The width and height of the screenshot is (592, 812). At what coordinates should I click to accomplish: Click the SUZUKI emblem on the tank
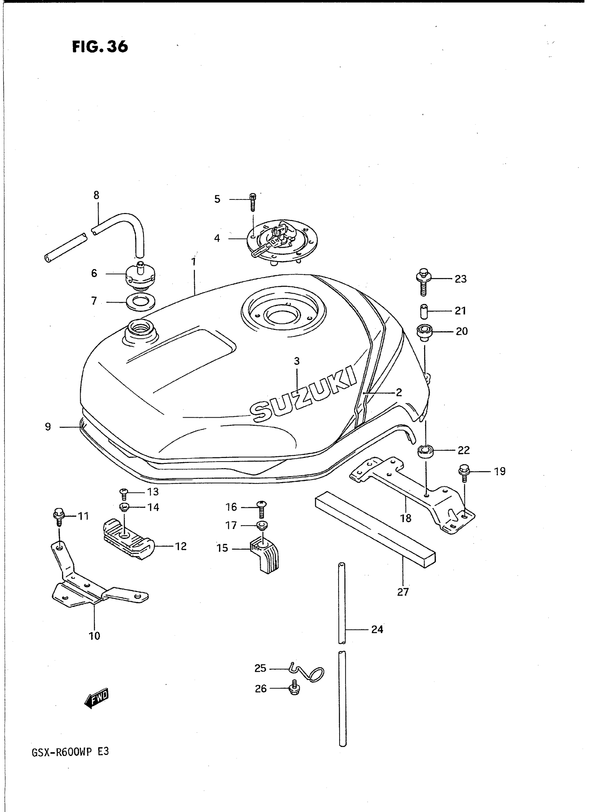[303, 394]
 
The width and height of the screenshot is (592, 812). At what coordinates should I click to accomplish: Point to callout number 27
[403, 592]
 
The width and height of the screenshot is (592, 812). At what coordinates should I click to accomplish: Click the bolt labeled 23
[423, 282]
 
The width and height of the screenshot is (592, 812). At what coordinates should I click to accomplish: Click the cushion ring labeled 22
[425, 451]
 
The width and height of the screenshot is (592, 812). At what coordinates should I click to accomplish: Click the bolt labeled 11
[58, 518]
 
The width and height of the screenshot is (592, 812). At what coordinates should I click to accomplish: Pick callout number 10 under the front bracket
[95, 636]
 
